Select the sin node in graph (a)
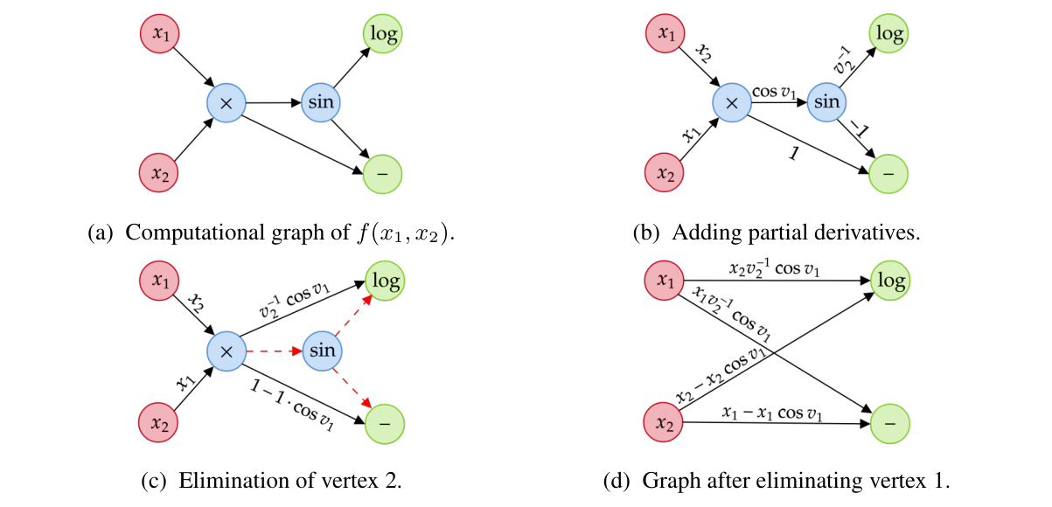click(320, 102)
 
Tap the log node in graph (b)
click(888, 35)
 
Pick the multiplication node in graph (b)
click(733, 103)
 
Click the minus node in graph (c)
click(383, 421)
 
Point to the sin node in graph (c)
click(322, 351)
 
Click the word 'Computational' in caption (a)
click(178, 233)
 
